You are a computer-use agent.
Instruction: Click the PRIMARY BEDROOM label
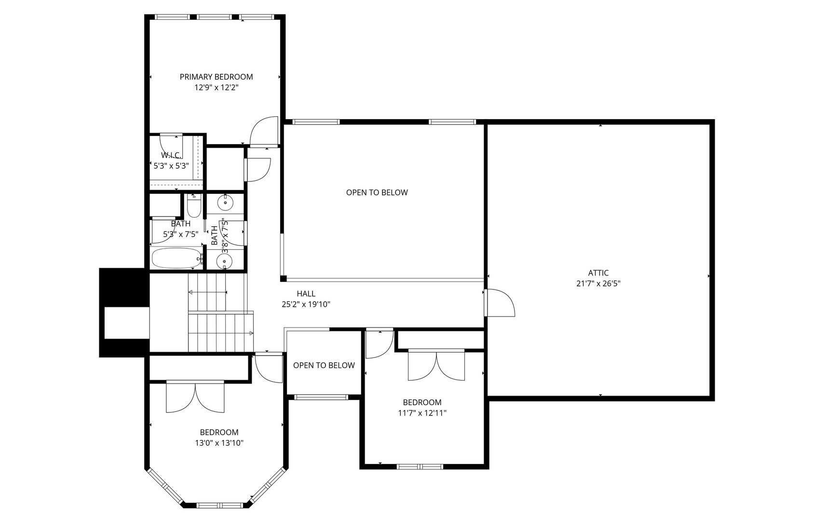coord(216,77)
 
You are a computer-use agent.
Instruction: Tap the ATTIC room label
coord(598,273)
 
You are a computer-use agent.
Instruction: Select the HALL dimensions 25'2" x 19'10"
coord(306,304)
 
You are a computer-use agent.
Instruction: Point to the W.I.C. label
coord(171,155)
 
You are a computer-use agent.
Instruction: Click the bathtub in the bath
coord(176,258)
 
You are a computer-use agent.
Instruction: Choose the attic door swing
coord(501,302)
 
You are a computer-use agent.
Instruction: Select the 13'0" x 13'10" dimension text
coord(219,443)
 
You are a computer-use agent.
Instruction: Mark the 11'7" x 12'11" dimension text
coord(422,413)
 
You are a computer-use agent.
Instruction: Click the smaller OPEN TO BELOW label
coord(324,365)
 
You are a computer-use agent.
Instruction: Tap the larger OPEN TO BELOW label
coord(377,192)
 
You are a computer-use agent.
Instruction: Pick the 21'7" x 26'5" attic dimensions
coord(598,284)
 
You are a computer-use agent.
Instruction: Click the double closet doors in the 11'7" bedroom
coord(436,365)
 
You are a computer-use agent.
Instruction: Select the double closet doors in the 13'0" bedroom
coord(195,398)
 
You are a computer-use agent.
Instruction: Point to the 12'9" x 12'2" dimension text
coord(216,88)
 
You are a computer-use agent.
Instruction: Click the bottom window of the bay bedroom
coord(219,505)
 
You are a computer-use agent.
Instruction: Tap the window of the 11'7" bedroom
coord(420,467)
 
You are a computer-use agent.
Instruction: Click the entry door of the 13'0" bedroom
coord(269,368)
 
